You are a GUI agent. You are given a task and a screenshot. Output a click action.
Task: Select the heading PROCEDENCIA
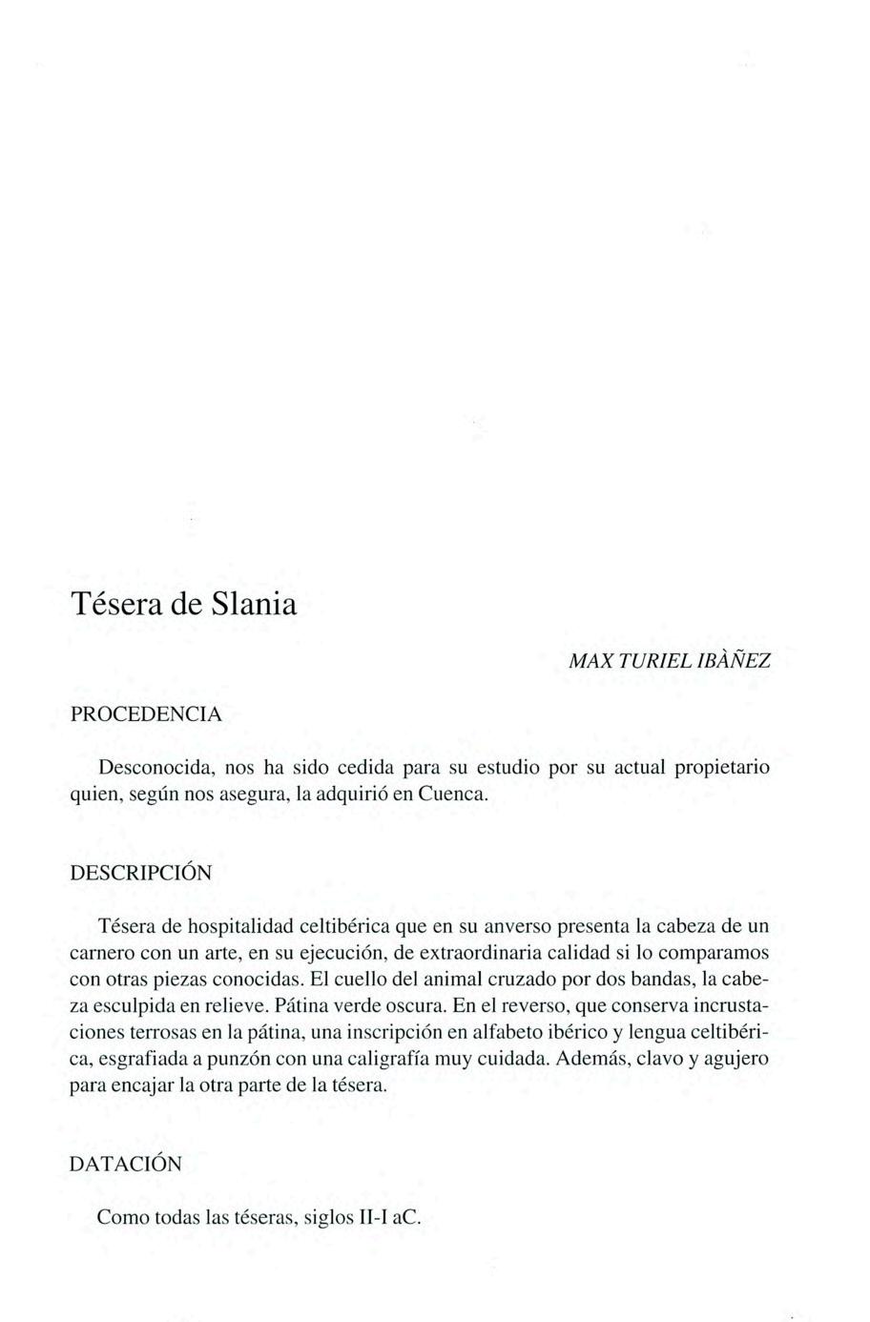coord(147,714)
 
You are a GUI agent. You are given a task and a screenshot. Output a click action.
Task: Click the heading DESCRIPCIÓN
coord(142,873)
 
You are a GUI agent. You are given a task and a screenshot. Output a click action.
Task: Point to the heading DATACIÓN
coord(126,1165)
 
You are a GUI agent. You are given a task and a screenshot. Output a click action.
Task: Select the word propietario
coord(722,767)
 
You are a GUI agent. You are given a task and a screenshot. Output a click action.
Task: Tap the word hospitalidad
coord(238,925)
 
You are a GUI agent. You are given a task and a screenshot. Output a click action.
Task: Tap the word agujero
coord(735,1059)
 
